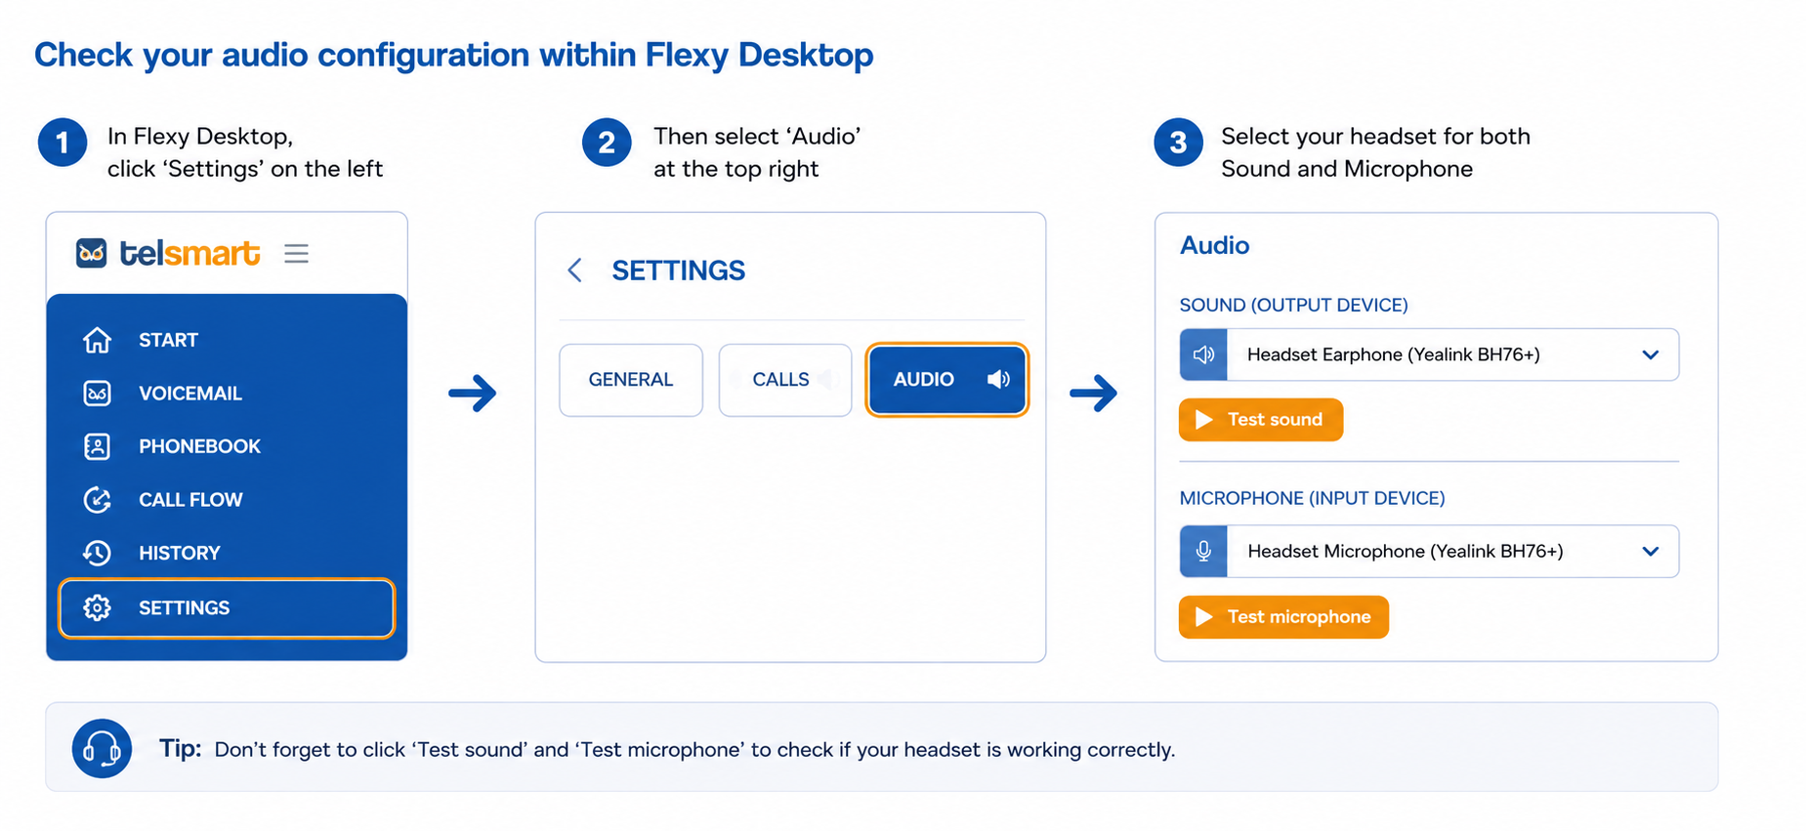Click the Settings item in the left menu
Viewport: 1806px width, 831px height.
click(x=227, y=608)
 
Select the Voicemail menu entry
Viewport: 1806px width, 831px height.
click(x=189, y=394)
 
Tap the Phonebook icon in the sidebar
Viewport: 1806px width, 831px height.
click(x=97, y=446)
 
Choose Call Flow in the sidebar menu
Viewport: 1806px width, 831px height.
click(x=190, y=500)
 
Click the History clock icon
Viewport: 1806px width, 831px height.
click(x=97, y=553)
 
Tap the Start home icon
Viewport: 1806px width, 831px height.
click(x=97, y=340)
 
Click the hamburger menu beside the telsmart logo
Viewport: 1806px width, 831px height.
click(x=297, y=254)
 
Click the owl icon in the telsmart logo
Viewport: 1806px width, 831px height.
click(x=92, y=253)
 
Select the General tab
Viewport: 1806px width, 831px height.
click(x=631, y=380)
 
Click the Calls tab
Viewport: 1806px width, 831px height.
click(x=785, y=380)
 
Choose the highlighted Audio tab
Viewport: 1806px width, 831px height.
click(x=947, y=380)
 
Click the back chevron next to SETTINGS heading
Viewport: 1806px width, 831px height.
click(x=575, y=270)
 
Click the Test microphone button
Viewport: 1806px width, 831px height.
click(x=1283, y=617)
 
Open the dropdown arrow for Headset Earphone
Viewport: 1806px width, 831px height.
click(x=1651, y=354)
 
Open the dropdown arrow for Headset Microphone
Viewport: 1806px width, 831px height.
click(x=1651, y=552)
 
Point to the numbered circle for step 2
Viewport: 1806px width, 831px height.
click(x=607, y=143)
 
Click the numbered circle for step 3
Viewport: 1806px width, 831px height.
click(x=1178, y=143)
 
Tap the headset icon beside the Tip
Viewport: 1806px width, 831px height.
click(x=102, y=749)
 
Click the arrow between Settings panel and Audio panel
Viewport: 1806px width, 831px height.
click(x=1093, y=394)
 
